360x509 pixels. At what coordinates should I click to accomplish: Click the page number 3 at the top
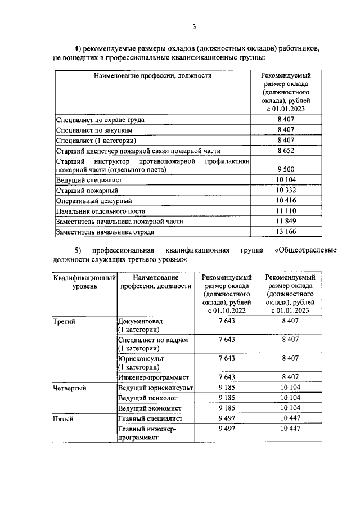[194, 26]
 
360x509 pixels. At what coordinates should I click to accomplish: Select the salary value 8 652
[286, 151]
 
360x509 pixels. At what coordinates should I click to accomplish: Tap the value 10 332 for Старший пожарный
[286, 191]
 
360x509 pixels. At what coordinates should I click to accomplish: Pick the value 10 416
[286, 201]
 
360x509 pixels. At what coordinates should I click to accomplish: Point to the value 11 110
[286, 211]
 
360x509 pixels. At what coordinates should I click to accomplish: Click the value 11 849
[286, 221]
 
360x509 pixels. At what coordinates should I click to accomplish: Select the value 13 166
[286, 231]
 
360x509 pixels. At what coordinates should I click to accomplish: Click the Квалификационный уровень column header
[84, 282]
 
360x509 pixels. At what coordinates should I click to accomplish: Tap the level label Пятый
[62, 418]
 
